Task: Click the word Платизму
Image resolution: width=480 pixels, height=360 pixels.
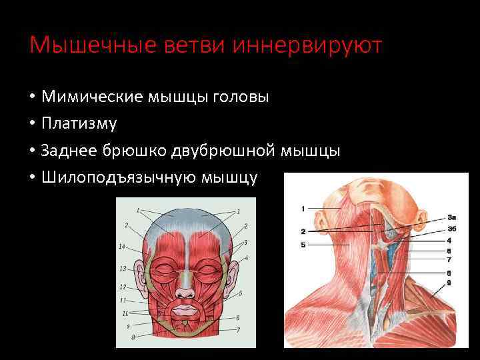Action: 79,124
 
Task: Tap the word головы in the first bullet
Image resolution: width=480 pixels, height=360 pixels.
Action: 241,97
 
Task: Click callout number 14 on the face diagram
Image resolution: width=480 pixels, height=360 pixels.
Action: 122,247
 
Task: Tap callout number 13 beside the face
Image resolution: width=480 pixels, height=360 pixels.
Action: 123,269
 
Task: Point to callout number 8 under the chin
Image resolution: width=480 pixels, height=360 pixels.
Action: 133,338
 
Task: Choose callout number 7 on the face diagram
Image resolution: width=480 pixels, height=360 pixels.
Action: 238,330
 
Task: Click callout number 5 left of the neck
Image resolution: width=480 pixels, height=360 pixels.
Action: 303,245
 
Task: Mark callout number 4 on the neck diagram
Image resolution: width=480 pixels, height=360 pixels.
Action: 449,240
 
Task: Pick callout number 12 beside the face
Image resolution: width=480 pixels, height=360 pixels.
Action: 123,287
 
